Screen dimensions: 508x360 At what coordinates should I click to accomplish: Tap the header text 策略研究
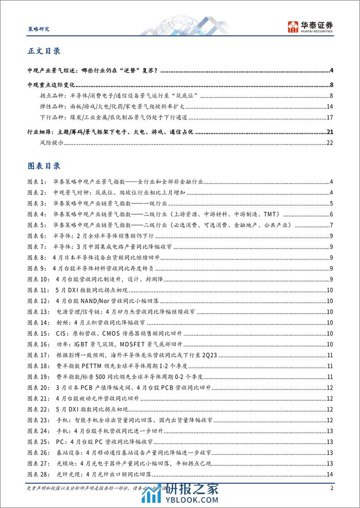[x=37, y=29]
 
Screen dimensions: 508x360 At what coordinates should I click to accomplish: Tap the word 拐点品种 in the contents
[x=49, y=95]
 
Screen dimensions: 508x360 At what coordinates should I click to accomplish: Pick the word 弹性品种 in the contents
[x=49, y=107]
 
